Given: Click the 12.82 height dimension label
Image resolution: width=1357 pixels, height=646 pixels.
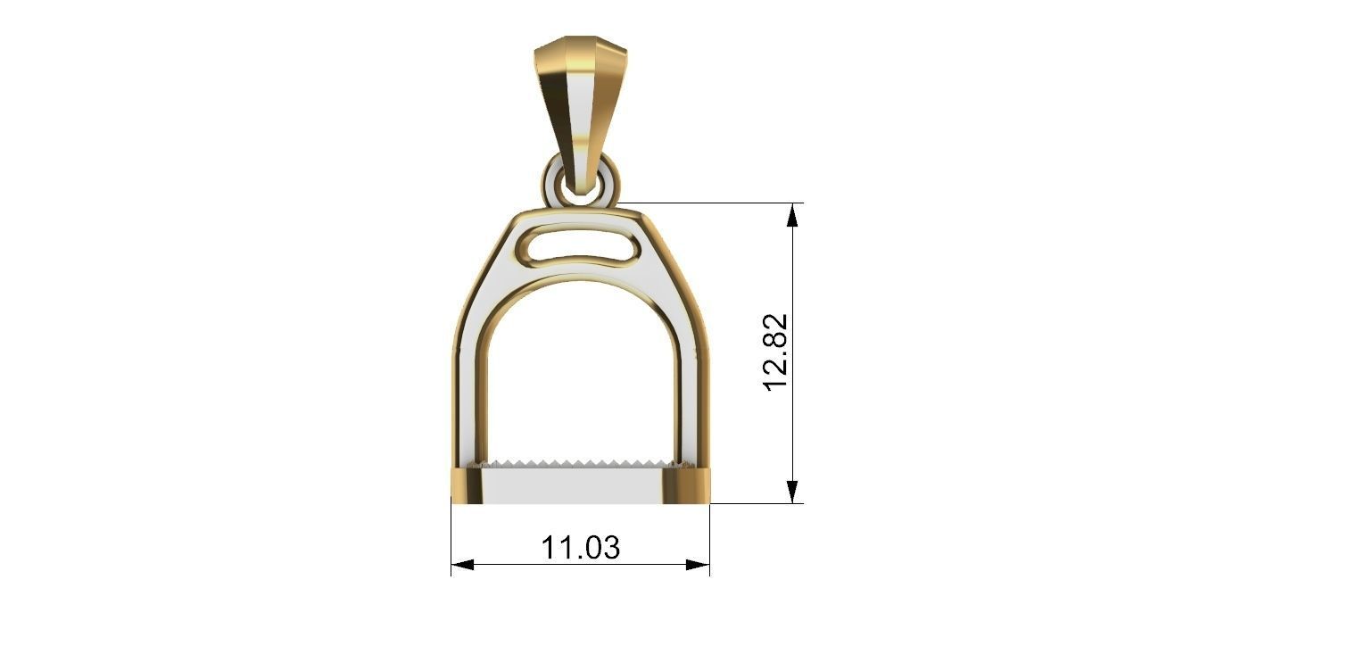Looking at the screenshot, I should pyautogui.click(x=776, y=351).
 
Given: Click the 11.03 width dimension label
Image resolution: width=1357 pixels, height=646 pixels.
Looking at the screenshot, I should pyautogui.click(x=580, y=547).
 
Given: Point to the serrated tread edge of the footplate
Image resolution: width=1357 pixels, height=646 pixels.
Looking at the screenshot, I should pyautogui.click(x=580, y=465).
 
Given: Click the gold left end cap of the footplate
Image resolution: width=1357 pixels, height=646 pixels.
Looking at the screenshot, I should pyautogui.click(x=467, y=485).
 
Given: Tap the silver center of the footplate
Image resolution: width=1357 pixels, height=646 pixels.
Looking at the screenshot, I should pyautogui.click(x=580, y=486).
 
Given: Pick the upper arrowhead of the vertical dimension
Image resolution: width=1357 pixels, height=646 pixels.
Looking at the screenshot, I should pyautogui.click(x=792, y=214).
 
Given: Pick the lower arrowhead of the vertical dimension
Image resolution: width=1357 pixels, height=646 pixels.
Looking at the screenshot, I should pyautogui.click(x=792, y=492).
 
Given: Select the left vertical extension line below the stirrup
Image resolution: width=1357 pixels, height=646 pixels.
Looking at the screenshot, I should pyautogui.click(x=451, y=535).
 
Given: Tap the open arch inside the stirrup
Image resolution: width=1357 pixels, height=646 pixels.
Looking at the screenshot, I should pyautogui.click(x=580, y=375).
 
